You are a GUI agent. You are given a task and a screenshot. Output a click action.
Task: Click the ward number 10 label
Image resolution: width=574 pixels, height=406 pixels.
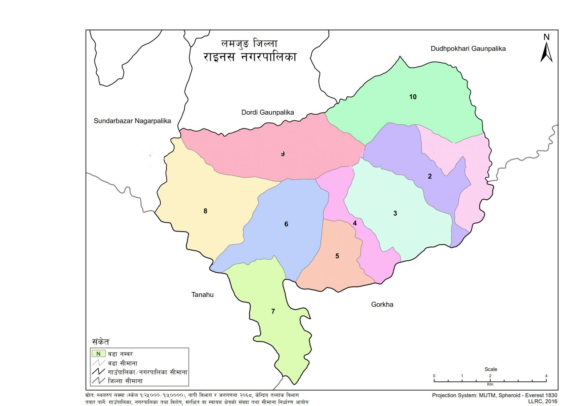(x=413, y=97)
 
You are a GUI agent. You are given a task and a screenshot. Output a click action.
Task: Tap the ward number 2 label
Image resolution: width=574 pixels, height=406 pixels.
(x=430, y=176)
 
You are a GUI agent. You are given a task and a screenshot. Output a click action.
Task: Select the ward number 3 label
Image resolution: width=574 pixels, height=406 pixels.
(x=395, y=213)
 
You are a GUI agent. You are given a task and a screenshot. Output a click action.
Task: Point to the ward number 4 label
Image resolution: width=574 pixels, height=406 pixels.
(x=355, y=223)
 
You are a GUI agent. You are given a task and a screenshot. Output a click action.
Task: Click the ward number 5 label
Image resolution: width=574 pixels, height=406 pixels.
(x=337, y=256)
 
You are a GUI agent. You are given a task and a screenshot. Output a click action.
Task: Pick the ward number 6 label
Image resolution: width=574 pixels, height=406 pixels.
(x=286, y=224)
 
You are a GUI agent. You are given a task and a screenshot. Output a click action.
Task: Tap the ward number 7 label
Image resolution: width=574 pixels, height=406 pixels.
(x=273, y=311)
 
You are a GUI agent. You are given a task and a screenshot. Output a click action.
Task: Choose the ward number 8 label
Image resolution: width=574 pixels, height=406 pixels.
(x=205, y=211)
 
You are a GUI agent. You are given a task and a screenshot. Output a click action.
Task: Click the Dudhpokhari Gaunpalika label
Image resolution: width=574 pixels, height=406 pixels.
(x=468, y=49)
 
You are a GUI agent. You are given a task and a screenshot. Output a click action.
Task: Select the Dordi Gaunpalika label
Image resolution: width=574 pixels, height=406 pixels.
(x=268, y=112)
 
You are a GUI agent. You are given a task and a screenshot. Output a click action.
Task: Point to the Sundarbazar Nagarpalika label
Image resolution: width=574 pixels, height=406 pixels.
(x=132, y=121)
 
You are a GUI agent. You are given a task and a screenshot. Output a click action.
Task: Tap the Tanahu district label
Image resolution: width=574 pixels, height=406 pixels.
(x=203, y=295)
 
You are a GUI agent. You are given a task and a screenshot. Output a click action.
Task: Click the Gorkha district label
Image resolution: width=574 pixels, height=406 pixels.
(x=382, y=304)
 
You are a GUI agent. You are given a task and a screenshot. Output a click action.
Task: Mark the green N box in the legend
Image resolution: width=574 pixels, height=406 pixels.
(x=99, y=353)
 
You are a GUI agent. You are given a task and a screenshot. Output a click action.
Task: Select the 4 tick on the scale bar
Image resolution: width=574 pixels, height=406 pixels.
(x=546, y=376)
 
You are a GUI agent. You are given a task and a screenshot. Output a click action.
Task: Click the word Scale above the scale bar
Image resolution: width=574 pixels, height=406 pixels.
(x=491, y=369)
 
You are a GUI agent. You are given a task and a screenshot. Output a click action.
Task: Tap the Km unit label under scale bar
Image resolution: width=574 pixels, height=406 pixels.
(x=490, y=384)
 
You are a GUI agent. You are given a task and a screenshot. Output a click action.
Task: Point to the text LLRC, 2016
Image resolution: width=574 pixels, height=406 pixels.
(x=542, y=401)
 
